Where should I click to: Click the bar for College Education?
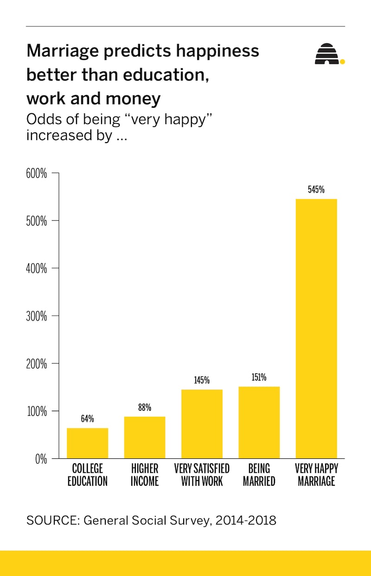(87, 443)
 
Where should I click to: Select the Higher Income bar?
(145, 438)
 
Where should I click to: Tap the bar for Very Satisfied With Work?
(202, 424)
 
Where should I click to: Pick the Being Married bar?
(259, 422)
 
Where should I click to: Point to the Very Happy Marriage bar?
(316, 329)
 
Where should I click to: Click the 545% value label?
(316, 189)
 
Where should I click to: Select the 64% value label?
(87, 419)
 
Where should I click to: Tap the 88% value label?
(145, 407)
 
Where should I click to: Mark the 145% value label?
(202, 380)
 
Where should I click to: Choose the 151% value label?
(259, 377)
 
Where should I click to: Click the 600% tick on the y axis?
(37, 173)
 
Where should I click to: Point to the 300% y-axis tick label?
(37, 316)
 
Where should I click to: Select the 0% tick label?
(41, 459)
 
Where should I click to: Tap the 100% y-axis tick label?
(37, 411)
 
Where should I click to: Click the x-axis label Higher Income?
(145, 475)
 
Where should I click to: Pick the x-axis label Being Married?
(259, 475)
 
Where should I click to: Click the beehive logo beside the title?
(327, 54)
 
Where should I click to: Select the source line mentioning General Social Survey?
(151, 520)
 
